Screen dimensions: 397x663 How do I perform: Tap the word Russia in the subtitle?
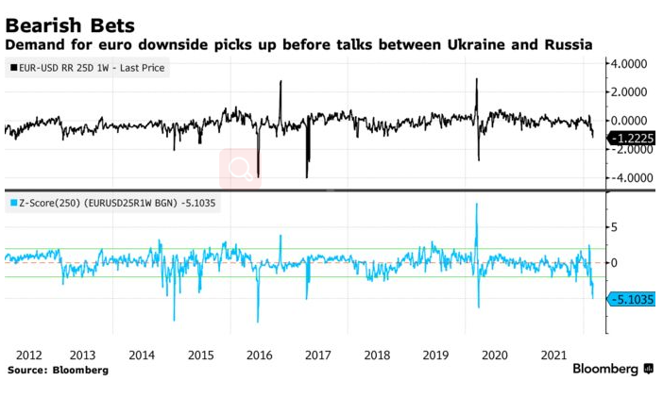(566, 44)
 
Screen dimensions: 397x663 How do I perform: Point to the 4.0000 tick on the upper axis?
(630, 64)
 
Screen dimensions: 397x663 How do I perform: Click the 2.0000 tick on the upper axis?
(630, 92)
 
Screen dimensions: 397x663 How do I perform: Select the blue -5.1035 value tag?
(630, 300)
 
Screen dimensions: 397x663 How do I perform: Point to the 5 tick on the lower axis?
(617, 227)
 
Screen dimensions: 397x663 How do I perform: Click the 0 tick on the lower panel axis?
(617, 262)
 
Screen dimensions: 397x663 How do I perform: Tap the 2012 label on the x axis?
(28, 356)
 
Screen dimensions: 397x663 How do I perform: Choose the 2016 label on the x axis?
(258, 356)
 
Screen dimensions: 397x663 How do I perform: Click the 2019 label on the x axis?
(434, 356)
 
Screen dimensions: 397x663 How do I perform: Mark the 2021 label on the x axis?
(552, 356)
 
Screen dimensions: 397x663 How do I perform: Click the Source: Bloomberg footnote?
(58, 371)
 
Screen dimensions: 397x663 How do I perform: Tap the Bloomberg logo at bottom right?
(613, 369)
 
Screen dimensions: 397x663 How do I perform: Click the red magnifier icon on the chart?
(240, 168)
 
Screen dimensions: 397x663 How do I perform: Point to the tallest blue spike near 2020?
(477, 206)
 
